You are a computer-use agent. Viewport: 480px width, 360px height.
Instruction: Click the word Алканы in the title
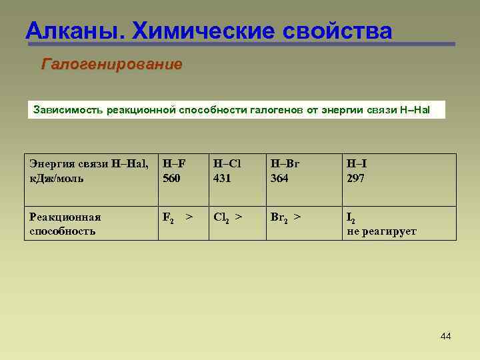click(x=73, y=30)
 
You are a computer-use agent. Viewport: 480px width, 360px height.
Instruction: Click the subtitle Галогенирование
click(x=112, y=65)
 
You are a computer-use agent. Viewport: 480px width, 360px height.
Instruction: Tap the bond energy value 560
click(x=171, y=179)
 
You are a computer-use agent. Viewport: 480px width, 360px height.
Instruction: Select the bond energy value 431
click(x=222, y=179)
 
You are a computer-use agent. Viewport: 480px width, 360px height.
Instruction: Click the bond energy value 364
click(x=279, y=179)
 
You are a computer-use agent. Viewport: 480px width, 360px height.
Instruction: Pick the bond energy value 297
click(x=355, y=179)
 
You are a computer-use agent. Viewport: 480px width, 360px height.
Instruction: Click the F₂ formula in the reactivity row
click(x=169, y=217)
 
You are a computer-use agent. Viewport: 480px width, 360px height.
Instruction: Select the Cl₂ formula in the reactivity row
click(x=221, y=217)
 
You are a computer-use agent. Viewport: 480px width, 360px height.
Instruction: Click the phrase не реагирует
click(x=381, y=231)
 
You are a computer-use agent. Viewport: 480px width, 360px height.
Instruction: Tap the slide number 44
click(x=446, y=336)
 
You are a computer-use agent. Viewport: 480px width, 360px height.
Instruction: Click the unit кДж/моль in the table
click(x=57, y=179)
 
